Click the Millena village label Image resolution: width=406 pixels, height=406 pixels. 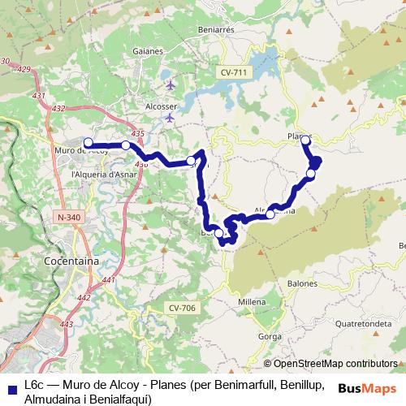click(252, 301)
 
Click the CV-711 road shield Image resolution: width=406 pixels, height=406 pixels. click(233, 72)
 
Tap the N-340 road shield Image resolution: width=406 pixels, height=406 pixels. click(69, 217)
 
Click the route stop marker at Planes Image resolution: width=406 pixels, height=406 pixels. click(305, 140)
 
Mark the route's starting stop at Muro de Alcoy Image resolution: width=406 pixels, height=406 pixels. click(88, 143)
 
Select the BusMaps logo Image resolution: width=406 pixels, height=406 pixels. click(368, 387)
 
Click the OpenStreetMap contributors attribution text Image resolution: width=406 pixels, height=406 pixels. click(330, 363)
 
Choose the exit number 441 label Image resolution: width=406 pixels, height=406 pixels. click(109, 281)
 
